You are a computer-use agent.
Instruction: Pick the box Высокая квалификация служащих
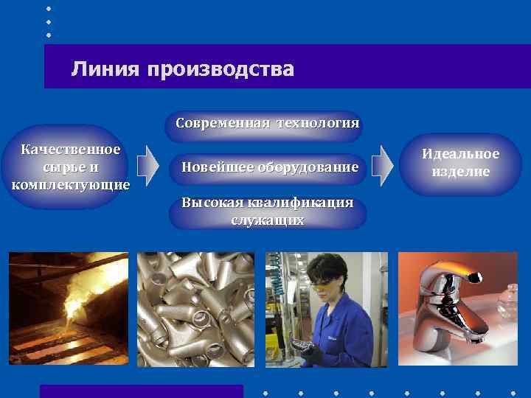[x=268, y=212]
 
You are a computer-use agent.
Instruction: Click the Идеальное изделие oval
[x=460, y=163]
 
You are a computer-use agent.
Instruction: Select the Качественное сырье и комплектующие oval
[x=70, y=167]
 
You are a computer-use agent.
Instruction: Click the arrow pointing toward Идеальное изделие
[x=381, y=165]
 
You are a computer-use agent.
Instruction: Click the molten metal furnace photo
[x=68, y=308]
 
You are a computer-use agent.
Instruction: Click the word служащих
[x=268, y=220]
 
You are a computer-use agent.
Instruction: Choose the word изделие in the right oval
[x=460, y=172]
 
